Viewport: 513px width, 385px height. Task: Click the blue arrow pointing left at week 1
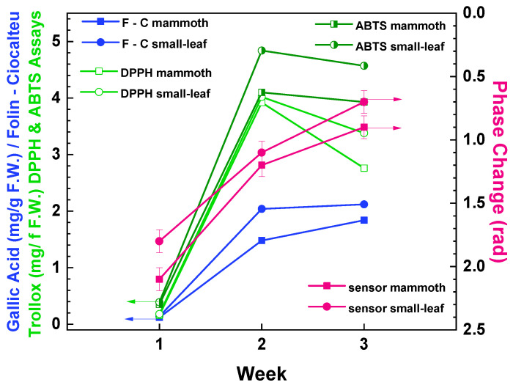(x=139, y=319)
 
